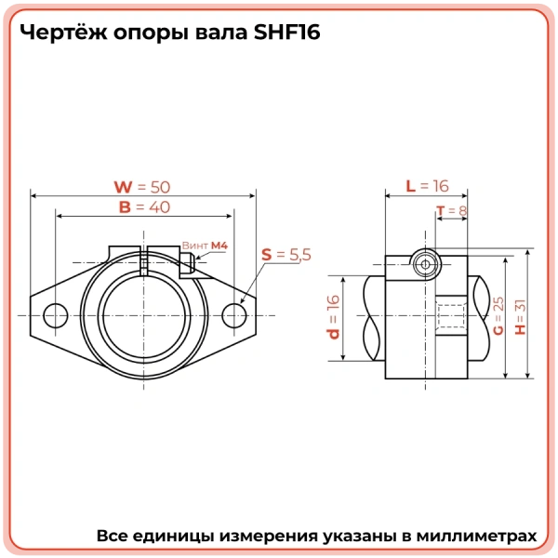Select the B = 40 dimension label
(x=144, y=207)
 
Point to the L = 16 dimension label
(x=427, y=185)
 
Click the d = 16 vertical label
(x=333, y=316)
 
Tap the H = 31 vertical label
(x=519, y=316)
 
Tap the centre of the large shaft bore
(x=144, y=315)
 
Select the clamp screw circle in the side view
(x=426, y=264)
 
